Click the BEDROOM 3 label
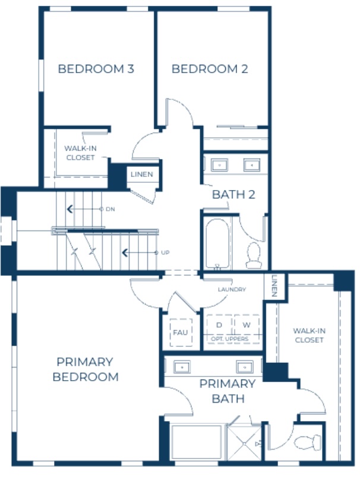click(96, 69)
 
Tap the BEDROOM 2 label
click(210, 69)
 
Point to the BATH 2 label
click(233, 194)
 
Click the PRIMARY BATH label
click(228, 391)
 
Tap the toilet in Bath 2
click(254, 254)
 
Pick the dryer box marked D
click(219, 325)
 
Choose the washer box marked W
click(247, 325)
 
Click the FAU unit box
click(180, 332)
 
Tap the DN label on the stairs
click(110, 209)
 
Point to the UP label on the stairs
click(165, 252)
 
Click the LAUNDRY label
click(232, 290)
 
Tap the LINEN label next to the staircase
click(142, 175)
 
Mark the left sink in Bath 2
click(219, 164)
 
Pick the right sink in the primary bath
click(244, 366)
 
